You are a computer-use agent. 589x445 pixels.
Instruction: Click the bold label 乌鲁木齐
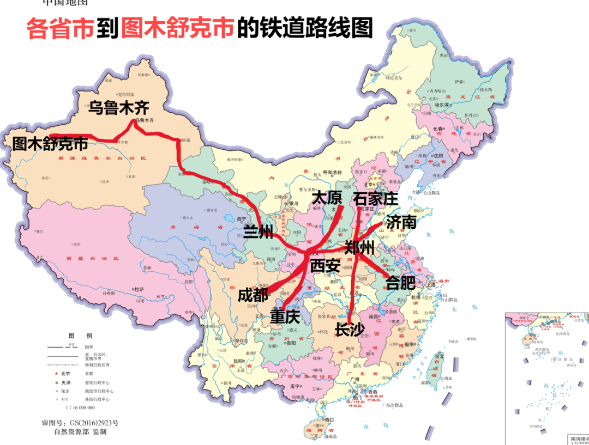tap(119, 107)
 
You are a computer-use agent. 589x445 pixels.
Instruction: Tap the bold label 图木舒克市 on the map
tap(50, 143)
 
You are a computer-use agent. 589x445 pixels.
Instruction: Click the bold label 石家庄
tap(376, 198)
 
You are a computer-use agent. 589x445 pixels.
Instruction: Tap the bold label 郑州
tap(360, 248)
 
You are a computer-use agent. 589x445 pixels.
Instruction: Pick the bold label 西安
tap(325, 266)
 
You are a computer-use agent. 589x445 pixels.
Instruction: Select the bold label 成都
tap(253, 295)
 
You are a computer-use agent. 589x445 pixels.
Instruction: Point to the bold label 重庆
tap(286, 316)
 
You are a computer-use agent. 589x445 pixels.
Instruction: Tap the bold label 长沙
tap(350, 330)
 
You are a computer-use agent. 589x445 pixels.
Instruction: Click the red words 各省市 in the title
tap(60, 28)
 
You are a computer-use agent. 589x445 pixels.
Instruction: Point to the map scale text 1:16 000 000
tap(80, 407)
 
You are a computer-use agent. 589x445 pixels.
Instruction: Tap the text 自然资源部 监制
tap(80, 431)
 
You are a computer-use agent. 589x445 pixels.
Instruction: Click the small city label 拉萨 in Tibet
tap(139, 289)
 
